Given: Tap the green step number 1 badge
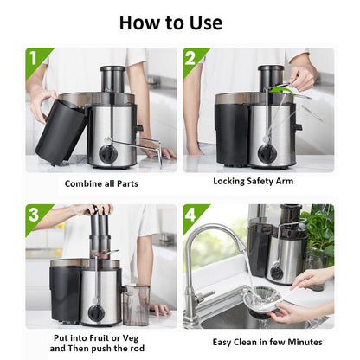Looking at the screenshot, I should click(x=34, y=59).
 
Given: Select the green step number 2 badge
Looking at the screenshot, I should click(x=191, y=59).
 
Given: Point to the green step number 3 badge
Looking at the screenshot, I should click(x=34, y=215).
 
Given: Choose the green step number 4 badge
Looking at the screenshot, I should click(x=191, y=215).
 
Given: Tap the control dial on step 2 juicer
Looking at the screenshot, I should click(x=267, y=152).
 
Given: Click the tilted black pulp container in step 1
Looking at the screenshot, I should click(x=59, y=131).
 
